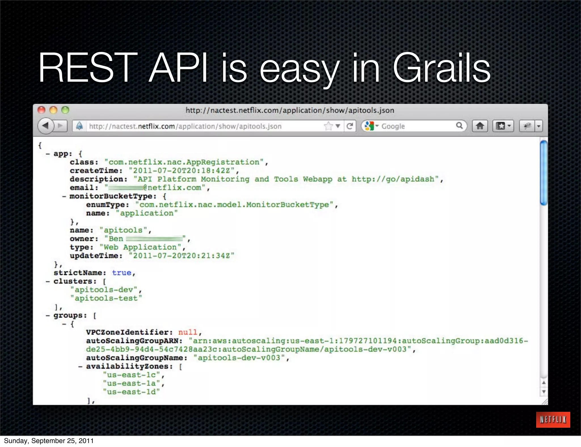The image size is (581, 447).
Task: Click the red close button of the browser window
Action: tap(41, 110)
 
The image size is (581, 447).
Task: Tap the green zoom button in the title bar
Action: tap(65, 110)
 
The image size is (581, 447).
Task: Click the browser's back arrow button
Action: tap(46, 126)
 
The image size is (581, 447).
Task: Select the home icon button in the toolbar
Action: tap(480, 126)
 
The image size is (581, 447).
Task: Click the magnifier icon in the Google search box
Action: tap(459, 126)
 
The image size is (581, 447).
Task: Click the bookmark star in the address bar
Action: tap(328, 126)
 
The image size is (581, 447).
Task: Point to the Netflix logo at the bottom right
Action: tap(553, 419)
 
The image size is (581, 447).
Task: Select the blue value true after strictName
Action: tap(121, 273)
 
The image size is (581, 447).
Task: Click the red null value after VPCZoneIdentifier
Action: tap(188, 332)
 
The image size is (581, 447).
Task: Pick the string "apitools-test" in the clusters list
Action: tap(106, 298)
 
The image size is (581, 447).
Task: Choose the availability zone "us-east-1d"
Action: tap(131, 392)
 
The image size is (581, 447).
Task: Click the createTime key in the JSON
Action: tap(96, 171)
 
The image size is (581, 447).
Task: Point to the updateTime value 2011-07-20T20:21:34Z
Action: tap(182, 256)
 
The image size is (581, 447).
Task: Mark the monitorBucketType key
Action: tap(113, 196)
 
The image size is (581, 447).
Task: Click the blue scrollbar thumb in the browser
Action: tap(544, 172)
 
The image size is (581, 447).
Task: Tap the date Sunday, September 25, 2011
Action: tap(49, 441)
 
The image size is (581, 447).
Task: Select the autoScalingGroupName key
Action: tap(136, 358)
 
